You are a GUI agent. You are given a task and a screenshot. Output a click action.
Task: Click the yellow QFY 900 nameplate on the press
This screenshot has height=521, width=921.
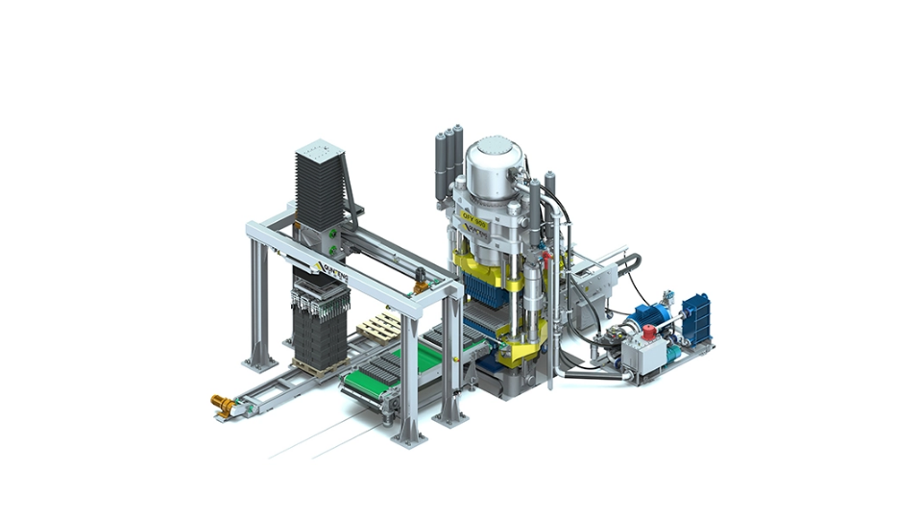[476, 223]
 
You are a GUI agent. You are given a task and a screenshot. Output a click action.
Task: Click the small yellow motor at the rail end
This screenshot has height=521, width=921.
[223, 406]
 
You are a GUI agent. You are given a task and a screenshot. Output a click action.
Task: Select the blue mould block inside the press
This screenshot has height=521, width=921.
[484, 287]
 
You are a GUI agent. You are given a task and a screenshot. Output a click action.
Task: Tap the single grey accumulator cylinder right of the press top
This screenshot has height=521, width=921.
[550, 188]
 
